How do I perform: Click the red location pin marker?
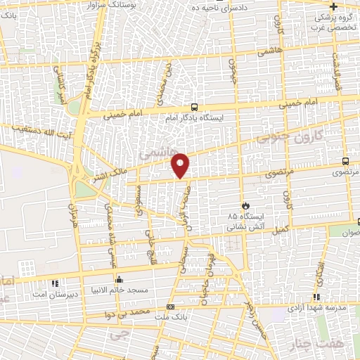[x=180, y=165]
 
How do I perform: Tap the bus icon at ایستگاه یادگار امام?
[x=194, y=108]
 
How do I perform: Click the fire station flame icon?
[x=245, y=205]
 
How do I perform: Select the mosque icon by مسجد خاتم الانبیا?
[x=120, y=278]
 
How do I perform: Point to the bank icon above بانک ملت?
[x=170, y=307]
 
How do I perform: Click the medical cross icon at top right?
[x=333, y=6]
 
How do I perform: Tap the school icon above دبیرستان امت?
[x=55, y=284]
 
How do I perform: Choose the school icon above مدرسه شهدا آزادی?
[x=316, y=297]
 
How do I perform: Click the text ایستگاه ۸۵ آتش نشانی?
[x=246, y=222]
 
